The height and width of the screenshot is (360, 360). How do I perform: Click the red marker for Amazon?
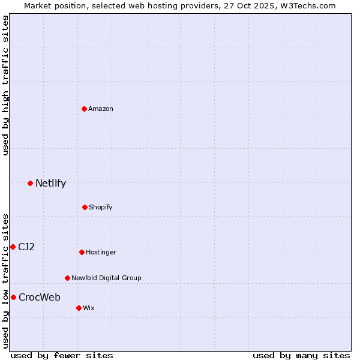point(84,109)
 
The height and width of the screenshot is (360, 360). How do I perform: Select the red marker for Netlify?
point(30,183)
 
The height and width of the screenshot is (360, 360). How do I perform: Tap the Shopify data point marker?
point(85,207)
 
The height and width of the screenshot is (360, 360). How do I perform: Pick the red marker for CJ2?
point(13,247)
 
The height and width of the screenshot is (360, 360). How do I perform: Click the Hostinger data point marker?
point(82,252)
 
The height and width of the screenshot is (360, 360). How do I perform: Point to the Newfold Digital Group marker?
point(67,278)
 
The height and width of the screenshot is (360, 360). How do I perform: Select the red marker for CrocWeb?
point(13,297)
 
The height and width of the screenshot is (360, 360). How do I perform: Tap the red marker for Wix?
point(79,308)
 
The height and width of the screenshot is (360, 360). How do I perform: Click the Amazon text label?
point(101,109)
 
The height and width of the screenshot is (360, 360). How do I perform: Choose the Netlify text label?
point(50,184)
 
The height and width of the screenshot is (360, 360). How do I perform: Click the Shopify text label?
point(101,207)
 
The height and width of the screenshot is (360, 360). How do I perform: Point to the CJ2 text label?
point(26,247)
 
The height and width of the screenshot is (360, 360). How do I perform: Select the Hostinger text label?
point(101,252)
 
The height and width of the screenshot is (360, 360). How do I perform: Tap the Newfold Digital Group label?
point(106,278)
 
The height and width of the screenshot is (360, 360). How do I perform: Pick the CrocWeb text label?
point(40,297)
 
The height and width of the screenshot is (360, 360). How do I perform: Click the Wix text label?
point(89,308)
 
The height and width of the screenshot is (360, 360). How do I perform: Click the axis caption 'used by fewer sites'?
point(62,355)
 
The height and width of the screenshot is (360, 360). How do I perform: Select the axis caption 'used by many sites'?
point(301,355)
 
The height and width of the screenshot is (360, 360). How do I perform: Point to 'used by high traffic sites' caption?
point(5,85)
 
